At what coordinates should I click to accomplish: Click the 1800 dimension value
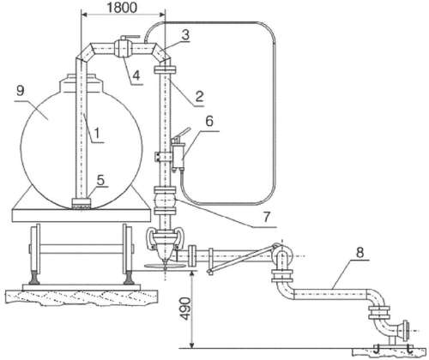click(x=122, y=8)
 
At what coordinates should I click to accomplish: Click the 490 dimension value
click(x=185, y=309)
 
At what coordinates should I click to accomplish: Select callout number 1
click(x=97, y=133)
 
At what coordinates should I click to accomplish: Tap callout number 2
click(x=199, y=96)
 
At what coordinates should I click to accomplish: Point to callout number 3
click(x=185, y=35)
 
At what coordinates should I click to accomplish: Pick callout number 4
click(x=136, y=75)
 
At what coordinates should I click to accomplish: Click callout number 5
click(x=100, y=180)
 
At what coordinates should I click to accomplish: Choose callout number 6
click(x=209, y=121)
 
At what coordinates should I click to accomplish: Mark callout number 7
click(x=266, y=218)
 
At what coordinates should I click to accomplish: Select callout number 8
click(x=360, y=253)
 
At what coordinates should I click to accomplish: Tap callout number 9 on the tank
click(x=21, y=91)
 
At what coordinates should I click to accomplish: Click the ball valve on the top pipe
click(x=123, y=49)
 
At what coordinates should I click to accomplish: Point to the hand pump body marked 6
click(x=178, y=156)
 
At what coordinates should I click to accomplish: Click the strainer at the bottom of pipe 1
click(x=81, y=204)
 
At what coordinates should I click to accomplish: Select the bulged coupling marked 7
click(x=165, y=201)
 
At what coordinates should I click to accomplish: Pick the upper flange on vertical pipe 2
click(x=165, y=70)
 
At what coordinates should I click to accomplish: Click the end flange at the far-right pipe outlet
click(x=406, y=332)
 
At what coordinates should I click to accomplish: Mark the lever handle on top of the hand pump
click(x=181, y=134)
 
